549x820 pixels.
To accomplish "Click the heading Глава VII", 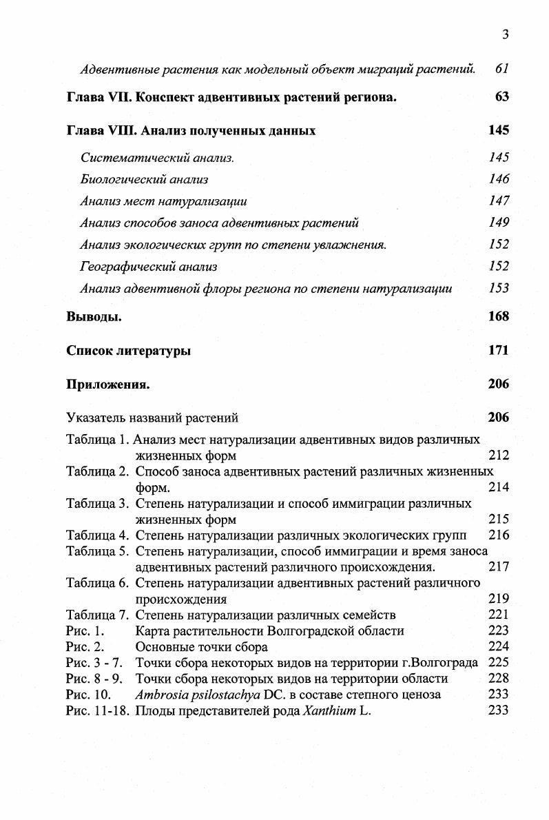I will (99, 97).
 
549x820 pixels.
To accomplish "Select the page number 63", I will (501, 97).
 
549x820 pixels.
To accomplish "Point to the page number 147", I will (499, 201).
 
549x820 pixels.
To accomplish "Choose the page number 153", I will (499, 289).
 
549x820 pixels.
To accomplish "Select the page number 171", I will (498, 350).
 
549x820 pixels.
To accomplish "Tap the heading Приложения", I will (108, 385).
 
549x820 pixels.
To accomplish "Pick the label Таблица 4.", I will (97, 535).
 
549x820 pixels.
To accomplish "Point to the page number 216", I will (498, 535).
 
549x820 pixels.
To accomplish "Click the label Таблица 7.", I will (97, 615).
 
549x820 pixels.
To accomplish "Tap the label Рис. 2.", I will (85, 646).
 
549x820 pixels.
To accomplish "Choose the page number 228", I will (498, 679).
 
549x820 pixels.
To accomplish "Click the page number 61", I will (501, 69).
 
